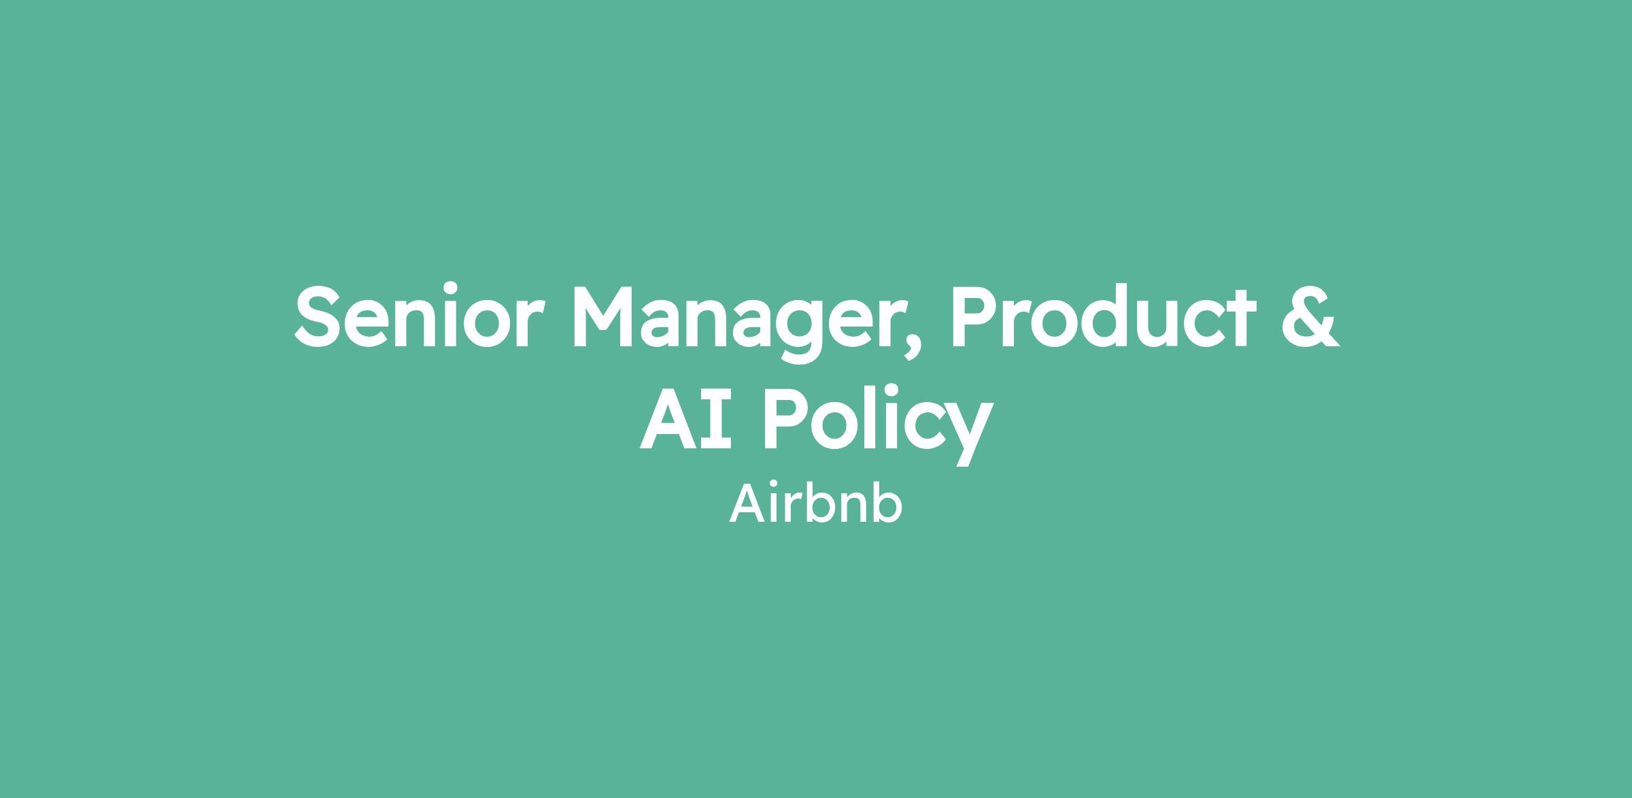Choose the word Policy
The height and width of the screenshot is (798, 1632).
[878, 424]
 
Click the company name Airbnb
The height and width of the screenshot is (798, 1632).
[816, 503]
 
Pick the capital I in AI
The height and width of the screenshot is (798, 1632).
[715, 419]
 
